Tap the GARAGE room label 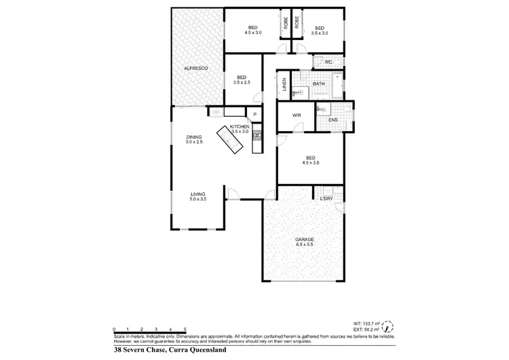click(x=303, y=240)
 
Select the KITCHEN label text click(x=240, y=127)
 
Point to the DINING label click(x=195, y=137)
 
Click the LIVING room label click(x=197, y=194)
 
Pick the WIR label click(x=296, y=115)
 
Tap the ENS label click(x=333, y=120)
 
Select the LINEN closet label click(x=284, y=86)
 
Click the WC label click(x=328, y=62)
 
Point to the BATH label click(x=318, y=84)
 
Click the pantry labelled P click(x=255, y=115)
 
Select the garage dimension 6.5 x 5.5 click(x=303, y=245)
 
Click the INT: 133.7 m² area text click(x=367, y=323)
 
